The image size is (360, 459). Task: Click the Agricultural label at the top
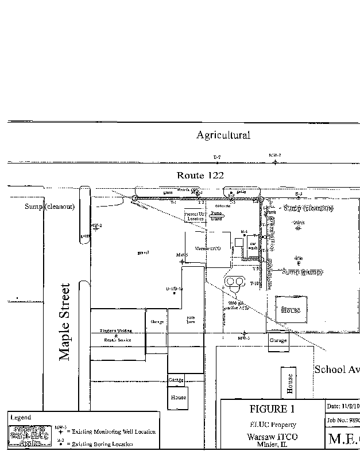click(223, 135)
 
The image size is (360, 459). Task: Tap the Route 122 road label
click(200, 176)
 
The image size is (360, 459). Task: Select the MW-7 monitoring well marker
click(275, 162)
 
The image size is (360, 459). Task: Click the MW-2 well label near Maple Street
click(96, 225)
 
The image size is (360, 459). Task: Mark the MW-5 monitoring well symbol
click(183, 261)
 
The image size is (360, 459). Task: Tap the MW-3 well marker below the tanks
click(245, 333)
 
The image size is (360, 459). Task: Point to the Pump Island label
click(216, 215)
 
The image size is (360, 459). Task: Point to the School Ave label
click(336, 369)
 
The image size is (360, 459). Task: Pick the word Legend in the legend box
click(21, 418)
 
